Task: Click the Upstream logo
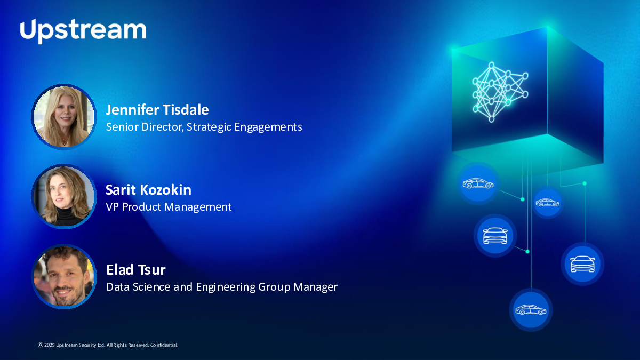[83, 31]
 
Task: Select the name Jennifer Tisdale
[157, 110]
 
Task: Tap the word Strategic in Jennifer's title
[209, 127]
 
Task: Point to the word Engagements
[268, 127]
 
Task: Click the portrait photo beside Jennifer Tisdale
[64, 117]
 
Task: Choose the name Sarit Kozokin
[149, 190]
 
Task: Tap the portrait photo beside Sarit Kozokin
[64, 197]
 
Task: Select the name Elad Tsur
[135, 270]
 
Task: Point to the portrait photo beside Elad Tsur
[64, 277]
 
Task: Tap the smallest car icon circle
[547, 203]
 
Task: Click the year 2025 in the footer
[50, 345]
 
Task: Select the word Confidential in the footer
[164, 345]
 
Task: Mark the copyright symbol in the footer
[41, 345]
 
